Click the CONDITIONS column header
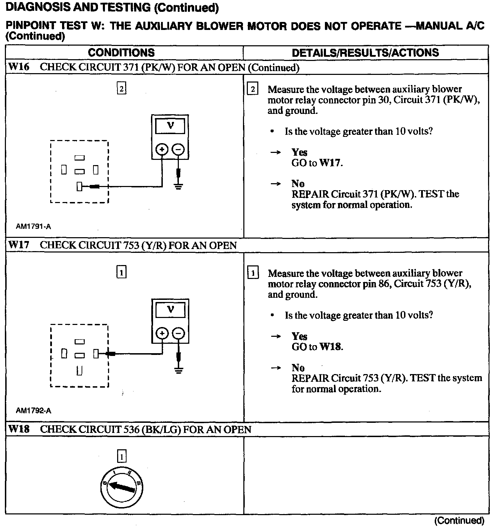point(121,53)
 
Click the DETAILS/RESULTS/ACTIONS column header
point(365,53)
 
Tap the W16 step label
point(19,67)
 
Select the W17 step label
point(19,245)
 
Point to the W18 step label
point(19,429)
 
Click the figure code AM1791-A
point(33,227)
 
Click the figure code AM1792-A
point(33,411)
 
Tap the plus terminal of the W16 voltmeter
point(162,150)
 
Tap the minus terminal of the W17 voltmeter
point(178,334)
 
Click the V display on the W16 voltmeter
point(170,126)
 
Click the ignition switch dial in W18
point(122,487)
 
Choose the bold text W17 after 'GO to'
point(330,163)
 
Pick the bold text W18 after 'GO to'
point(330,347)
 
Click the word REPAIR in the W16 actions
point(310,194)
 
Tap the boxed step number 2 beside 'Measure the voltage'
point(252,89)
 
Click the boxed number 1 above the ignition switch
point(121,456)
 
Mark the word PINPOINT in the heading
point(31,26)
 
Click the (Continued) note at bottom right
point(459,521)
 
